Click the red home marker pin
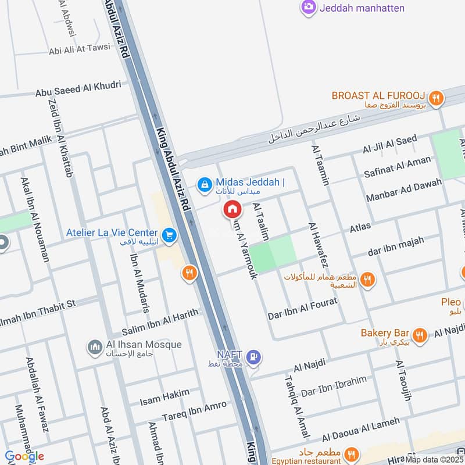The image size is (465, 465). (x=232, y=209)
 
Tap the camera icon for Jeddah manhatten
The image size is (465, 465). (x=308, y=8)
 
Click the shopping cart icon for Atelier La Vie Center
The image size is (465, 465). (x=169, y=235)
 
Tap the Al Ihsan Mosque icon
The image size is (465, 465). (x=95, y=348)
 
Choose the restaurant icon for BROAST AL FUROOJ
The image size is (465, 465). (x=437, y=99)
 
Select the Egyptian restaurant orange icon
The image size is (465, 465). (x=350, y=454)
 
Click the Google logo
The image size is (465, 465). (x=24, y=456)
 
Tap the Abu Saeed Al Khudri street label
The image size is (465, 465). (x=78, y=89)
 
